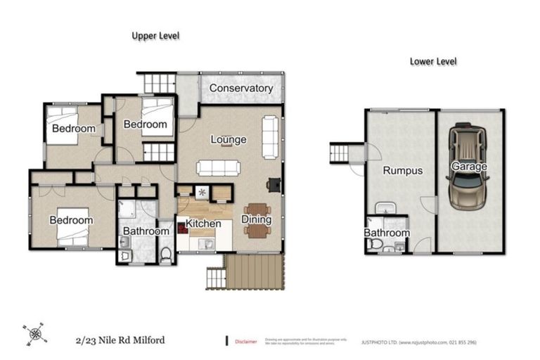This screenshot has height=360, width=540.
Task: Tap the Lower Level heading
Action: click(x=433, y=61)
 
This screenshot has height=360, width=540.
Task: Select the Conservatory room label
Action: click(x=241, y=89)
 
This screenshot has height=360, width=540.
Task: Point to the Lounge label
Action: click(x=229, y=139)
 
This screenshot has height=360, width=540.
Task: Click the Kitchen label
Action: click(x=203, y=224)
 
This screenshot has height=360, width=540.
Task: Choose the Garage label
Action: click(x=469, y=167)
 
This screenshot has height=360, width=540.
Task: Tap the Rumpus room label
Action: click(x=402, y=170)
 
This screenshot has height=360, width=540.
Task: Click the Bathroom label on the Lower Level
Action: click(x=386, y=233)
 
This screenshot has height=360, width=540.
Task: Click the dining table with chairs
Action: click(x=258, y=219)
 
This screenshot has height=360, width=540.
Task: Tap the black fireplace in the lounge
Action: click(x=273, y=184)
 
